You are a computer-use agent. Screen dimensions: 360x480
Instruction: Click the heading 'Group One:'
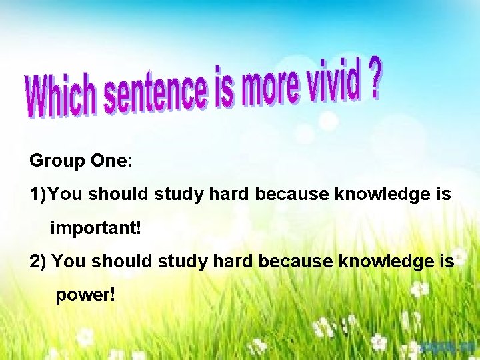pos(81,161)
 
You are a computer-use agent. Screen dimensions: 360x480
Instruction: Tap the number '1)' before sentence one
pos(39,195)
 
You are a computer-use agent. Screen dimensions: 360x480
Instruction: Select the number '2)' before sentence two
pos(38,261)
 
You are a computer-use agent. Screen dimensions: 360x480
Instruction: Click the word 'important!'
pos(96,228)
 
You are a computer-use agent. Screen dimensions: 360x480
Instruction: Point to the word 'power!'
pos(85,294)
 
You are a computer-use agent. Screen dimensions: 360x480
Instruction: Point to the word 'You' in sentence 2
pos(68,261)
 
